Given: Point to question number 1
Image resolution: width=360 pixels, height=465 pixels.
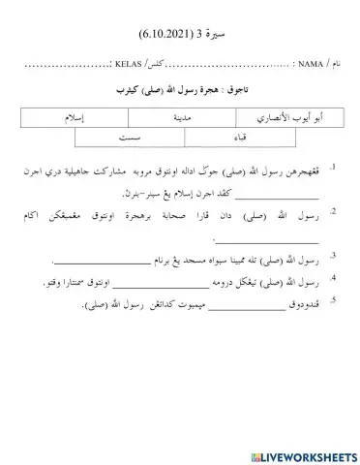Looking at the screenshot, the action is [x=333, y=169].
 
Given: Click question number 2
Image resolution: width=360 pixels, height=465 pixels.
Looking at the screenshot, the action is [x=333, y=211].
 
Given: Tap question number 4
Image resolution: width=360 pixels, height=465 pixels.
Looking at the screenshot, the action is [x=333, y=279].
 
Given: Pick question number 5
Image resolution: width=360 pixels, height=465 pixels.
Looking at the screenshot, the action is [x=333, y=300].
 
